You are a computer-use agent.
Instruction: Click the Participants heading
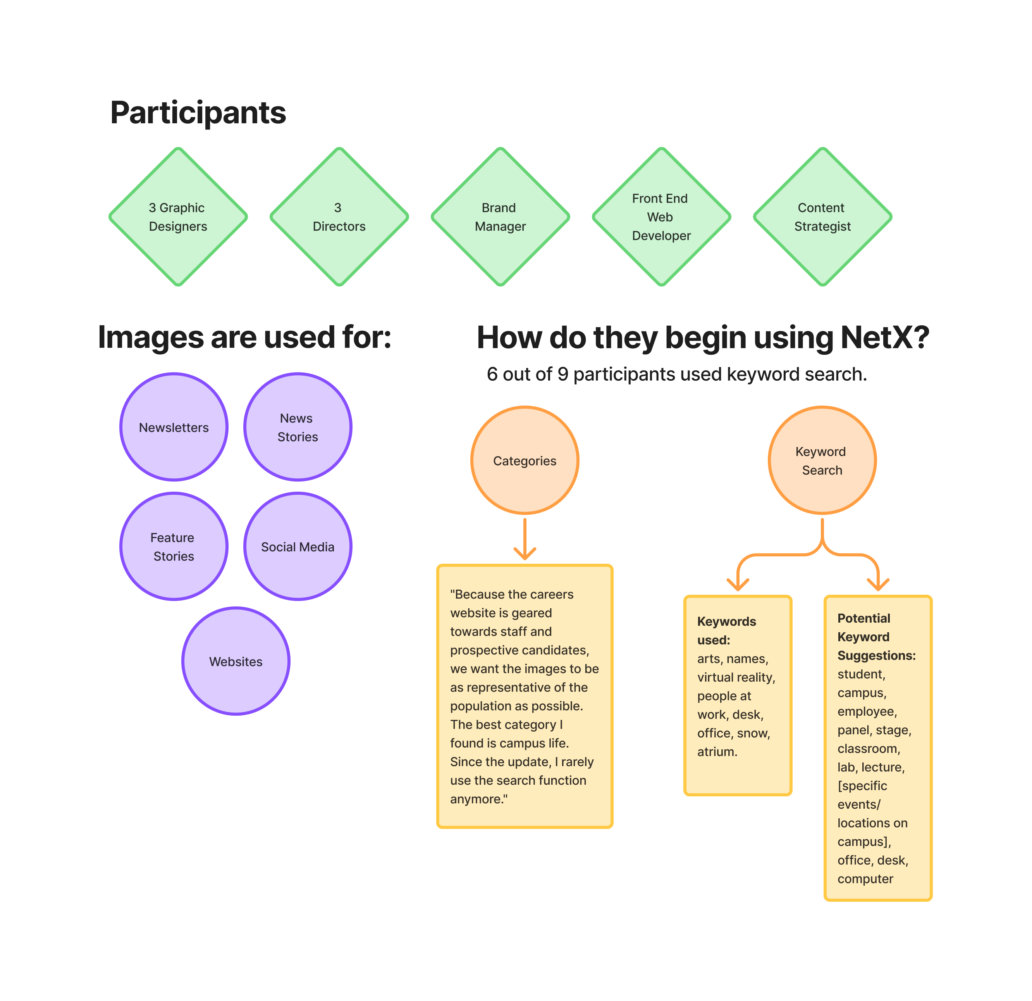coord(198,113)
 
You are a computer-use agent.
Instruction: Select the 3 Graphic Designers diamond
coord(178,217)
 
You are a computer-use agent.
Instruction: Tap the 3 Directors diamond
coord(339,217)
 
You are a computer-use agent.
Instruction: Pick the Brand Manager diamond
coord(500,217)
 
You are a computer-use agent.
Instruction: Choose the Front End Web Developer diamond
coord(661,217)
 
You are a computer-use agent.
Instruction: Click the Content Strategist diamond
coord(822,217)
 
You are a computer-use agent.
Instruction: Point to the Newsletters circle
coord(174,427)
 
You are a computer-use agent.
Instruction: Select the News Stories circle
coord(298,427)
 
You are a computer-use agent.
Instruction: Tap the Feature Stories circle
coord(174,546)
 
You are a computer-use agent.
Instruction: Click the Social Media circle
coord(298,546)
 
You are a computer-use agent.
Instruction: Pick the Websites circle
coord(236,661)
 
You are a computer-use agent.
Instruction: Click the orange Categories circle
coord(525,461)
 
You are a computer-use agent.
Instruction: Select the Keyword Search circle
coord(822,461)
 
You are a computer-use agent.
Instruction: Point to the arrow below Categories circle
coord(525,539)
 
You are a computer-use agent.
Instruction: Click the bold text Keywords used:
coord(727,631)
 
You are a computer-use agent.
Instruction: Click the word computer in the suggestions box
coord(865,879)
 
